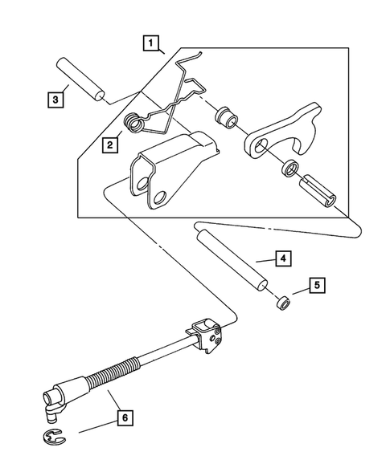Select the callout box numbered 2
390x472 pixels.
coord(106,145)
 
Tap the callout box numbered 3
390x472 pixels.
coord(55,99)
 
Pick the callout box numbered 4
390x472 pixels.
coord(281,259)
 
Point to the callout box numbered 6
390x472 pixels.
coord(125,417)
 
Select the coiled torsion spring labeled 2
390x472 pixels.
coord(135,123)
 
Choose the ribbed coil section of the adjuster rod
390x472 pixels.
coord(113,376)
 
